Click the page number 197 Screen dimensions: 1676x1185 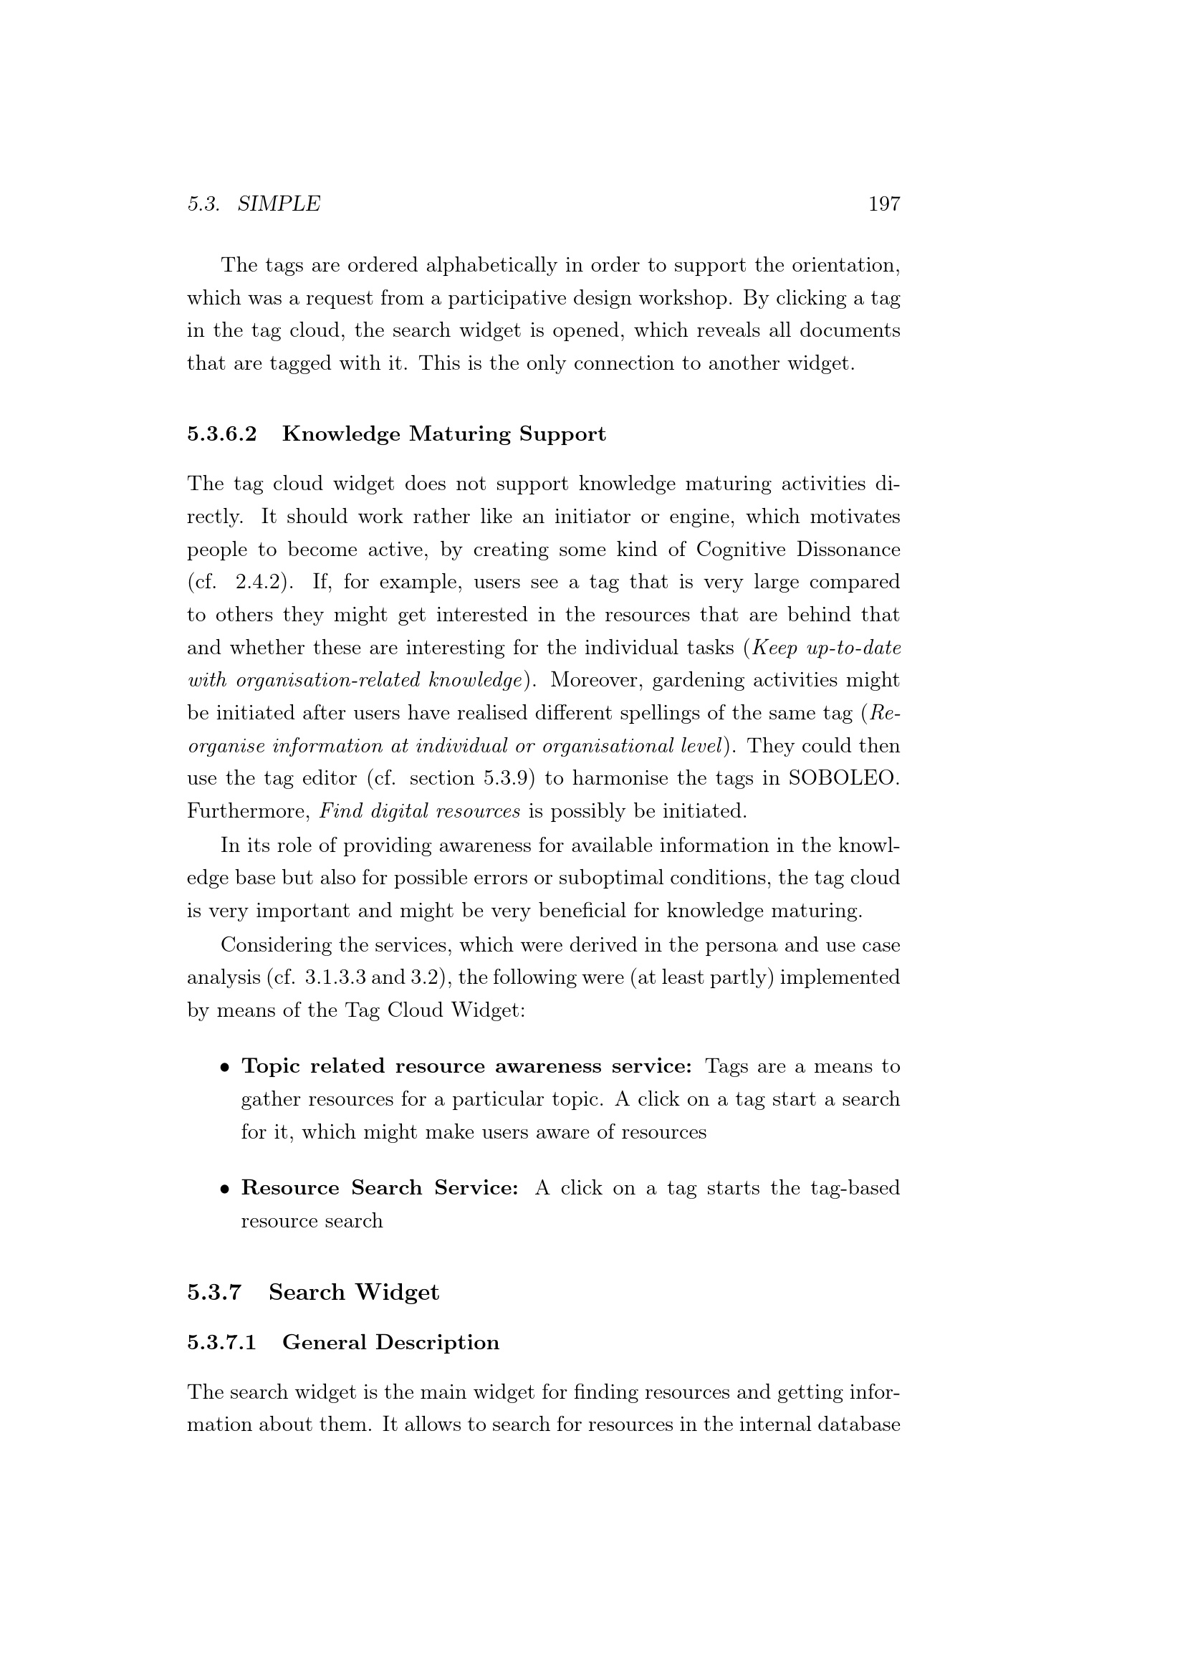point(883,203)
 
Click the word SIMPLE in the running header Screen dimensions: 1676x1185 point(279,203)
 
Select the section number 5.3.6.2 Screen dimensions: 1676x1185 point(222,434)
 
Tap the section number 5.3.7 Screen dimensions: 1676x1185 point(214,1292)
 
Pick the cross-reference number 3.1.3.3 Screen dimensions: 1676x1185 point(335,977)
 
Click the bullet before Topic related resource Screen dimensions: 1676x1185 point(226,1067)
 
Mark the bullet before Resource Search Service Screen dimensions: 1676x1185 point(226,1189)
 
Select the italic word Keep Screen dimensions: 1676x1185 point(777,648)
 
